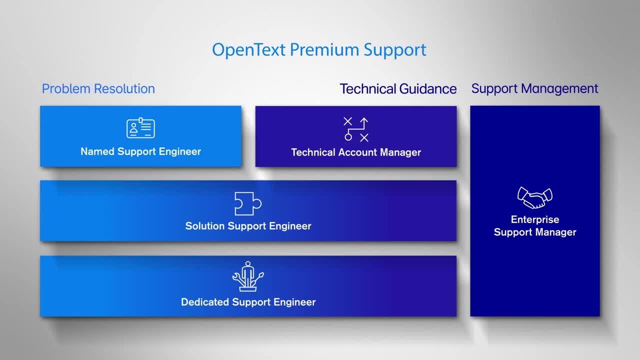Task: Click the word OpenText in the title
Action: (x=248, y=50)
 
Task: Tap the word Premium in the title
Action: (x=324, y=49)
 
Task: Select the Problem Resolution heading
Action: (x=98, y=89)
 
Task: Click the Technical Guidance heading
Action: (x=398, y=89)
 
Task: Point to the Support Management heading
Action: (x=534, y=89)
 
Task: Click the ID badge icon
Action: (x=140, y=128)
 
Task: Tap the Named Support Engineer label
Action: (x=140, y=151)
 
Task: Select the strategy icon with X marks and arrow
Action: (x=356, y=129)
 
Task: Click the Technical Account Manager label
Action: (x=356, y=152)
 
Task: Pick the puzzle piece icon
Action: (x=247, y=203)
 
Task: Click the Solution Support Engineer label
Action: (x=248, y=226)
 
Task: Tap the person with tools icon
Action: (x=247, y=276)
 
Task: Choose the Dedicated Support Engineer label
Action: (x=248, y=302)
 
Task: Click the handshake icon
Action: (x=535, y=197)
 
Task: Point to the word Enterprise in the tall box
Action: (x=535, y=219)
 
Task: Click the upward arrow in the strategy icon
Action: (x=364, y=123)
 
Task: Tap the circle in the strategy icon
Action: (x=348, y=137)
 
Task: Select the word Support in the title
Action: (x=395, y=50)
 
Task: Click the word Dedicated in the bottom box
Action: (x=205, y=302)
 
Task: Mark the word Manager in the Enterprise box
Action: (x=555, y=232)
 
